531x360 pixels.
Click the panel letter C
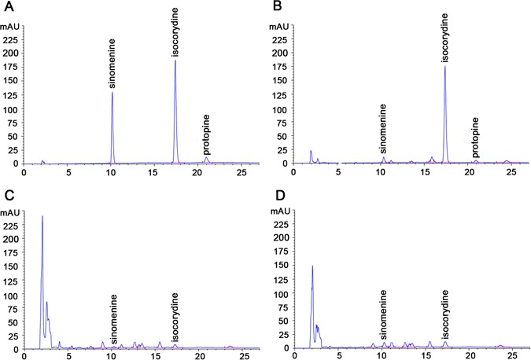6,193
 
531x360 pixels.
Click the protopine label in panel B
476,136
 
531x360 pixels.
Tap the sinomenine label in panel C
114,319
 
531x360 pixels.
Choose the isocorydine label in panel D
445,314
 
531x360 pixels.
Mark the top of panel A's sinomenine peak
112,92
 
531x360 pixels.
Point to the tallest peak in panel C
42,215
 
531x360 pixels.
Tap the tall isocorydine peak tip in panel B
444,66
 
